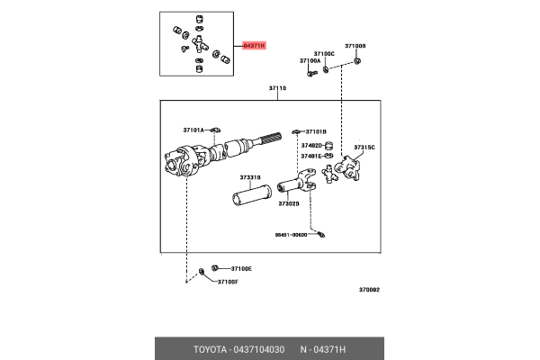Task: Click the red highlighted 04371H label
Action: pyautogui.click(x=255, y=45)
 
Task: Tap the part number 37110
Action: pyautogui.click(x=277, y=88)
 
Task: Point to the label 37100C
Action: pyautogui.click(x=324, y=53)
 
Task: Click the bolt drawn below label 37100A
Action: pyautogui.click(x=310, y=74)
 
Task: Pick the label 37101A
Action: pyautogui.click(x=194, y=130)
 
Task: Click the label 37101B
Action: pyautogui.click(x=315, y=130)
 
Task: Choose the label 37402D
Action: pyautogui.click(x=311, y=144)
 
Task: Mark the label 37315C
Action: pyautogui.click(x=364, y=146)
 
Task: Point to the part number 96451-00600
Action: pyautogui.click(x=291, y=235)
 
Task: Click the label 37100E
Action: pyautogui.click(x=241, y=268)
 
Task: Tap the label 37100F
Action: pyautogui.click(x=228, y=282)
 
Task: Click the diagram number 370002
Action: pyautogui.click(x=369, y=290)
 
